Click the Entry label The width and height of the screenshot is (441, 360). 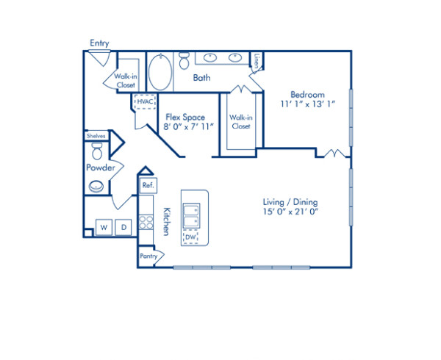(99, 43)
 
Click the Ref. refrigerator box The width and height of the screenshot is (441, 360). (147, 186)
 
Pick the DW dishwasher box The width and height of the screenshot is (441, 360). (190, 237)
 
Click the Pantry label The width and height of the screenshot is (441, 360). (148, 256)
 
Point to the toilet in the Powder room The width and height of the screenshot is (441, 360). (97, 151)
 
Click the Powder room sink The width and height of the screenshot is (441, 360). (96, 187)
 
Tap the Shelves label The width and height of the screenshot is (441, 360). (96, 136)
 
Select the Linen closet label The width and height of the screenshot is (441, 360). (257, 60)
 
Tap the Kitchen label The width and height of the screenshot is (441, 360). (167, 220)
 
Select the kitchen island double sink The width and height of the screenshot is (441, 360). (191, 215)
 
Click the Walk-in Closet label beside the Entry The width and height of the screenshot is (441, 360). (123, 80)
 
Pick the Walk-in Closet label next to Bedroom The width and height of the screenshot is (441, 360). (240, 122)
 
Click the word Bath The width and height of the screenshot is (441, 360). (202, 77)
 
